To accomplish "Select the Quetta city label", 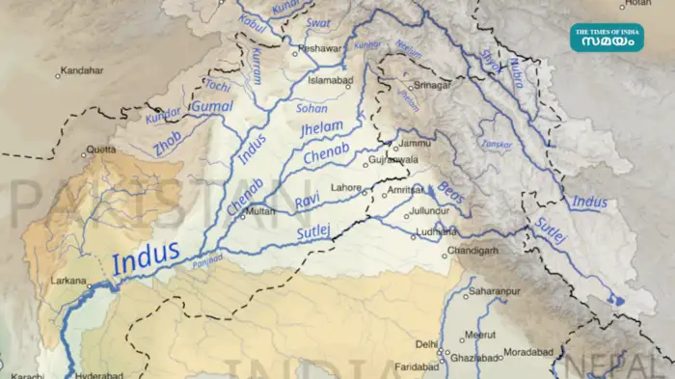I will (x=100, y=149).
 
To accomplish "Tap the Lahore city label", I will (x=345, y=187).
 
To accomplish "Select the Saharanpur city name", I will (x=494, y=290).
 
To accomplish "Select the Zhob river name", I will (x=167, y=148).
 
